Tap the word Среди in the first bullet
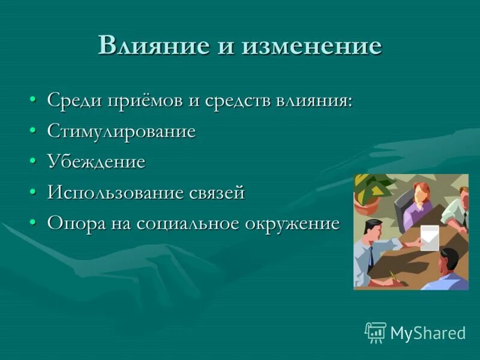73,100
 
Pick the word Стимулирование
122,131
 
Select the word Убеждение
97,162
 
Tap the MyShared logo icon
375,332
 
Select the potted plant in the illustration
368,192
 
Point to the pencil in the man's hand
394,277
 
